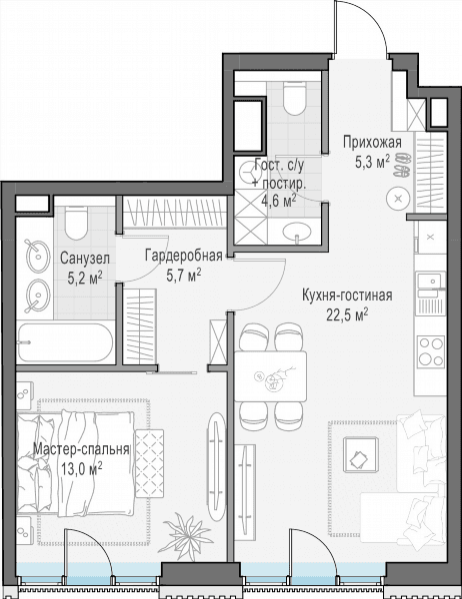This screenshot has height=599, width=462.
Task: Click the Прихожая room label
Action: [x=372, y=143]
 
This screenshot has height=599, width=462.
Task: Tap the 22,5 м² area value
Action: [x=347, y=314]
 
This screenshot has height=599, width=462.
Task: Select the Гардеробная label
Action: [x=184, y=256]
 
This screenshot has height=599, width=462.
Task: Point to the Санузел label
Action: [x=85, y=259]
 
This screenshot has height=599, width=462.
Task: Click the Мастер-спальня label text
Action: [x=81, y=449]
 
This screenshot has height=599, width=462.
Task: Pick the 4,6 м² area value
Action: [x=279, y=200]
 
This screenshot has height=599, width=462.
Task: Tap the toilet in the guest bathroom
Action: [x=295, y=99]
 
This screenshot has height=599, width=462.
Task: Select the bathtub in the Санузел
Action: [x=65, y=343]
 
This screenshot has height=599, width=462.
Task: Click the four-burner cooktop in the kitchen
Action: [x=431, y=351]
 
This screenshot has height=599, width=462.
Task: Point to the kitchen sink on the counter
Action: [x=431, y=281]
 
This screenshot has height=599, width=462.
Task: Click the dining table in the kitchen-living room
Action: [x=271, y=376]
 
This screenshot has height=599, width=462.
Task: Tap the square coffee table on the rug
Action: [x=361, y=455]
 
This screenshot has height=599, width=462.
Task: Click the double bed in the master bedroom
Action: [x=76, y=464]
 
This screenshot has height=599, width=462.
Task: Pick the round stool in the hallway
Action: [x=398, y=199]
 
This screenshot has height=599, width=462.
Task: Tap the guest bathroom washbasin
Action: [x=297, y=231]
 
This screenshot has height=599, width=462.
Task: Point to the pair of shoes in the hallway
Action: [x=402, y=165]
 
